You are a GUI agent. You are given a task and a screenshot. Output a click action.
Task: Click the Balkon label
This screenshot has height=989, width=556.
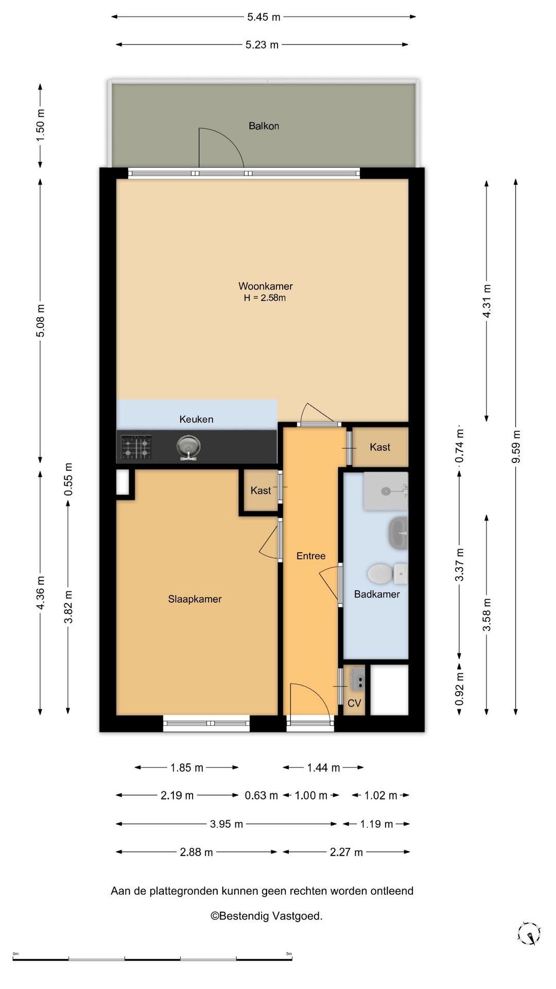coord(264,126)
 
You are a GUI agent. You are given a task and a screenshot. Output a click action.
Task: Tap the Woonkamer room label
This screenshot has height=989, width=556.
coord(265,286)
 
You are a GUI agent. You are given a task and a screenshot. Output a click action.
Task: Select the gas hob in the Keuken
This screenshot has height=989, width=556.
coord(136,447)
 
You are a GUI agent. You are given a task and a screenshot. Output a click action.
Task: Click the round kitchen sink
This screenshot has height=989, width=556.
coord(188,447)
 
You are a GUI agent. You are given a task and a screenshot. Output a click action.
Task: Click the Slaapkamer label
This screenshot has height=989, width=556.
coord(195,599)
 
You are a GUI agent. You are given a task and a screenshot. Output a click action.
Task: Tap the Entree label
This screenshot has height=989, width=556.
coord(311,556)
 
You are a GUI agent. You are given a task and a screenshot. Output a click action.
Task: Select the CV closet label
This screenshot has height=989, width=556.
coord(354,703)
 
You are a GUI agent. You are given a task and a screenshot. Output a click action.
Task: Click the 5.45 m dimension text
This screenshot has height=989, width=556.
coord(264,17)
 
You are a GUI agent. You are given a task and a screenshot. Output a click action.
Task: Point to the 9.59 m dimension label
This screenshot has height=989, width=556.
coord(516,446)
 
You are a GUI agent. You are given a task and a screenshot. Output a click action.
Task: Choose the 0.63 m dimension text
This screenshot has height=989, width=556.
coord(261,795)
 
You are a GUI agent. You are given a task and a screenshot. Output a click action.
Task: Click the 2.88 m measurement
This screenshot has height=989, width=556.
coord(196,852)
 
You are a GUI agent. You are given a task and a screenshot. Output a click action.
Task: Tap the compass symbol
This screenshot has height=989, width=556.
coord(529,933)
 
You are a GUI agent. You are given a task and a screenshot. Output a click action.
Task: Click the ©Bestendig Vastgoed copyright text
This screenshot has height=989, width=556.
coord(266,916)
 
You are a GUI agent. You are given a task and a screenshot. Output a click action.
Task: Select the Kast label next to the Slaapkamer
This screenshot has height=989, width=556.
coord(260,490)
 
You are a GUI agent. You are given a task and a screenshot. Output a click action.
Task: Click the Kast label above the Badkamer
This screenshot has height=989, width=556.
coord(380,447)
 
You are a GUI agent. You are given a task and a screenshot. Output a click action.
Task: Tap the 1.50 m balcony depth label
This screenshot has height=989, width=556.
coord(41,126)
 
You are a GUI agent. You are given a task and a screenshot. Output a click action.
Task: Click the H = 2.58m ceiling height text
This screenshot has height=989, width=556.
coord(265,298)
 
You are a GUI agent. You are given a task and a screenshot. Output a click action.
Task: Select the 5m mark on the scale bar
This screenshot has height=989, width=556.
coord(289,953)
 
